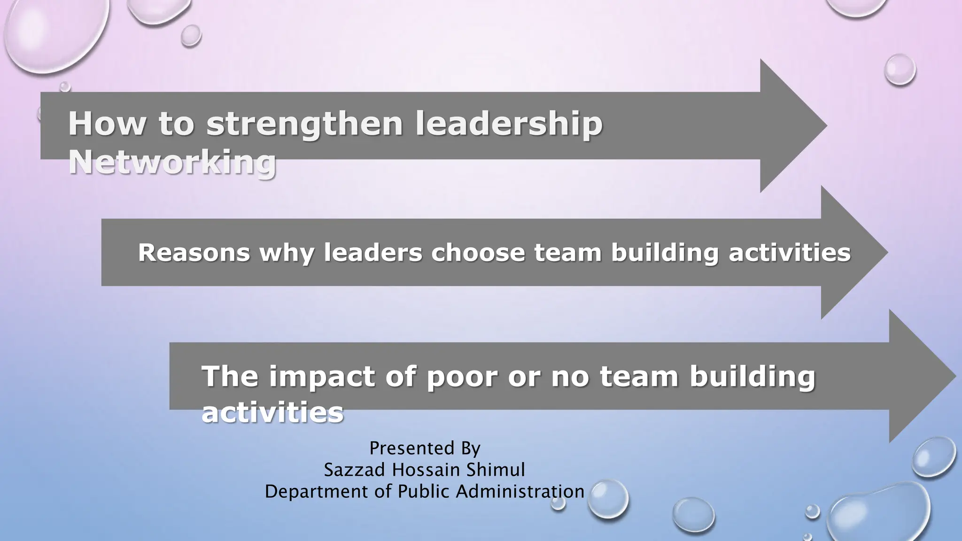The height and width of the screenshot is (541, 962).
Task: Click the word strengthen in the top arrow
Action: (x=304, y=124)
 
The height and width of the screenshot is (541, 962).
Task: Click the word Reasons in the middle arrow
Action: (x=194, y=253)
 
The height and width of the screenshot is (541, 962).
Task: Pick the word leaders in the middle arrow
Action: (x=373, y=253)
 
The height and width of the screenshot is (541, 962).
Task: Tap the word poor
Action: (x=462, y=377)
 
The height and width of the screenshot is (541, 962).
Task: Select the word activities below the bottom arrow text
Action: (x=272, y=413)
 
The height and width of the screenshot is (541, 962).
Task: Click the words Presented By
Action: (x=425, y=448)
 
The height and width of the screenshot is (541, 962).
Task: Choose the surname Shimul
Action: (x=496, y=470)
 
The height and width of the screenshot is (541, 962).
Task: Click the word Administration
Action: (x=520, y=492)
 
